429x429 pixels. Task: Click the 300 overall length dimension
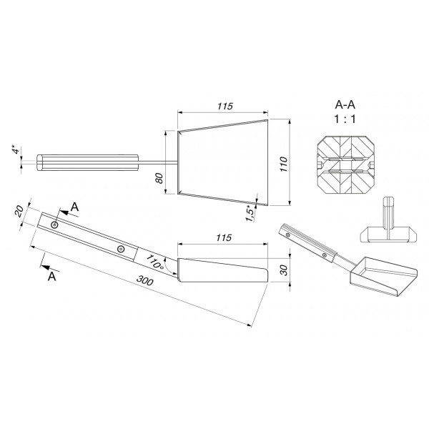(144, 280)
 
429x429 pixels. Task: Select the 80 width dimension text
(159, 178)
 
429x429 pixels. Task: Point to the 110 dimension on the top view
(284, 164)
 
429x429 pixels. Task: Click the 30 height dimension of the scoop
(284, 270)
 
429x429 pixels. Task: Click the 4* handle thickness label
(16, 149)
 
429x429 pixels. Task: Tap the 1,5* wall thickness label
(250, 214)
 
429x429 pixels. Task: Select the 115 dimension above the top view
(225, 106)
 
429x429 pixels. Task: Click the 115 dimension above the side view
(224, 237)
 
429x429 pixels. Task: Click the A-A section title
(345, 105)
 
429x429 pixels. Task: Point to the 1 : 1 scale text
(345, 119)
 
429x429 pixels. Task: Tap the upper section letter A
(74, 207)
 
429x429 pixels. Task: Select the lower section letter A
(51, 276)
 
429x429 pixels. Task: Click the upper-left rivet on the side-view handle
(55, 225)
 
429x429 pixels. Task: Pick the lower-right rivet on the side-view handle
(120, 249)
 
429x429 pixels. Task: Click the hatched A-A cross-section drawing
(345, 164)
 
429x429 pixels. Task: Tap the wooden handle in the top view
(87, 162)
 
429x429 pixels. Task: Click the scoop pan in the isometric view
(383, 276)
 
